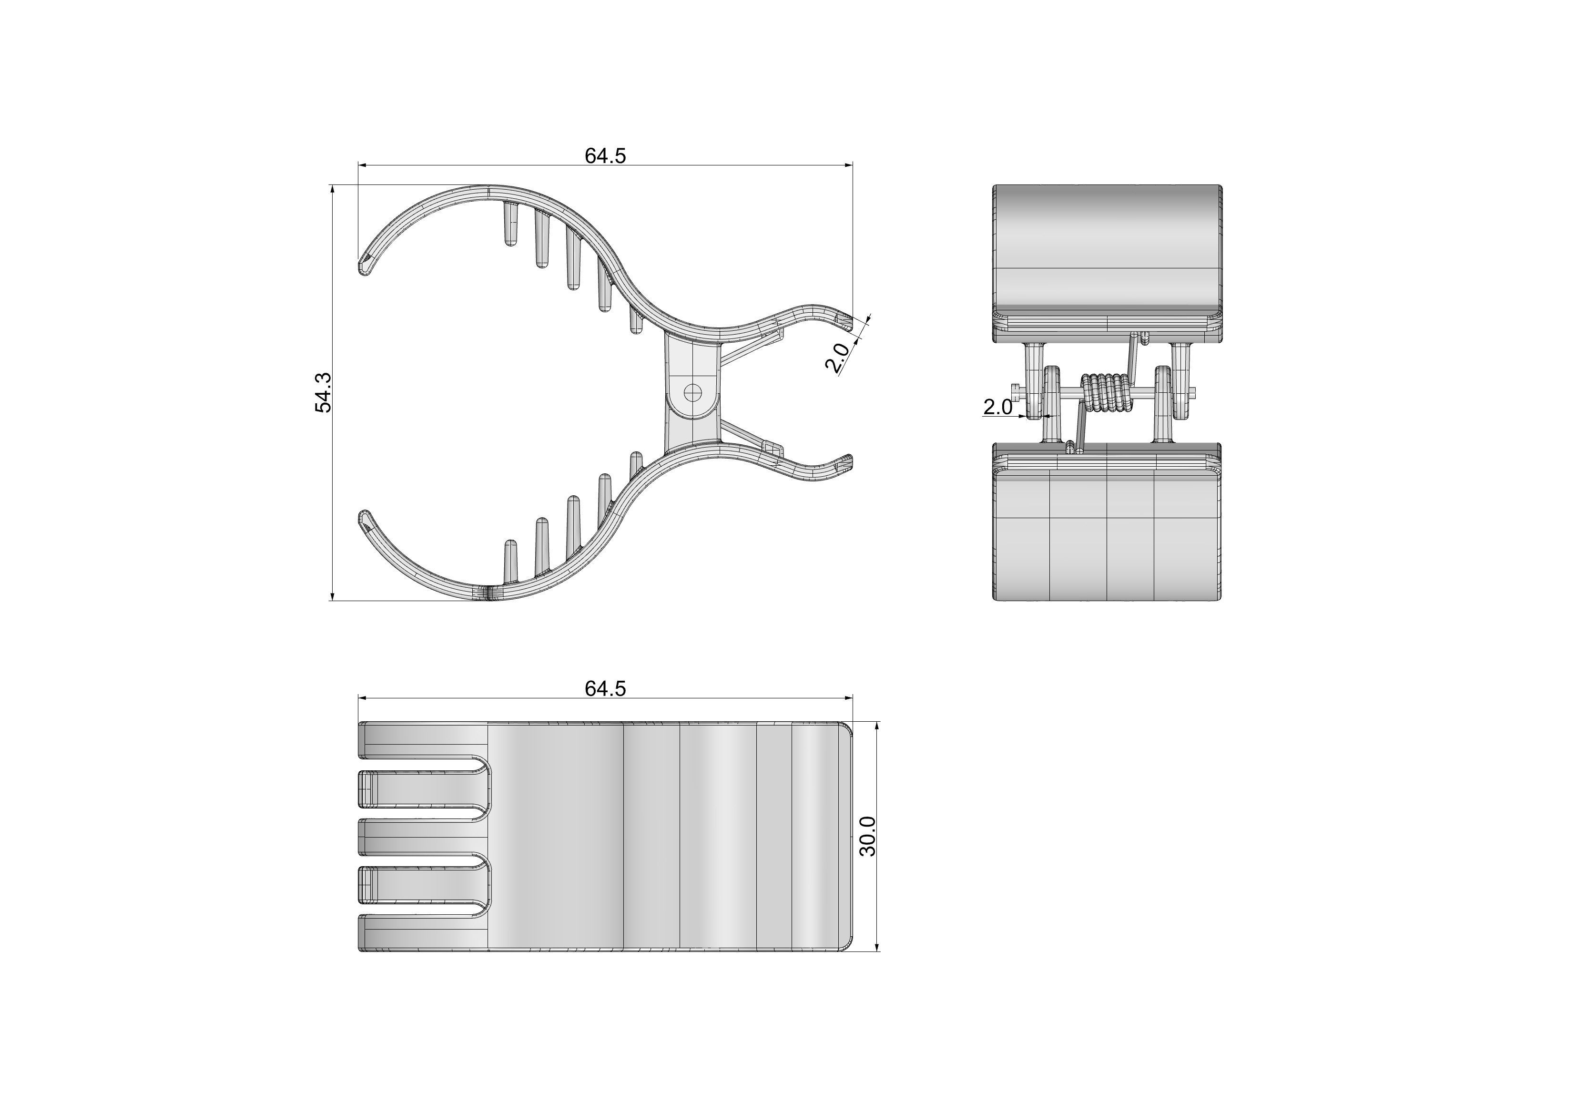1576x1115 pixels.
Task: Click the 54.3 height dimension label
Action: click(323, 393)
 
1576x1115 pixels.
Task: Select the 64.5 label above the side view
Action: click(605, 156)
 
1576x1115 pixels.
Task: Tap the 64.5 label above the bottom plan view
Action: click(605, 689)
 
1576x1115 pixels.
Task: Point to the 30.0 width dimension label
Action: click(868, 836)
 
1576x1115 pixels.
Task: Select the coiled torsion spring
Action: click(1106, 393)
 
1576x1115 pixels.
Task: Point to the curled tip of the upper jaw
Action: click(365, 265)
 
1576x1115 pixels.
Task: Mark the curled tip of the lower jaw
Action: click(365, 521)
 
